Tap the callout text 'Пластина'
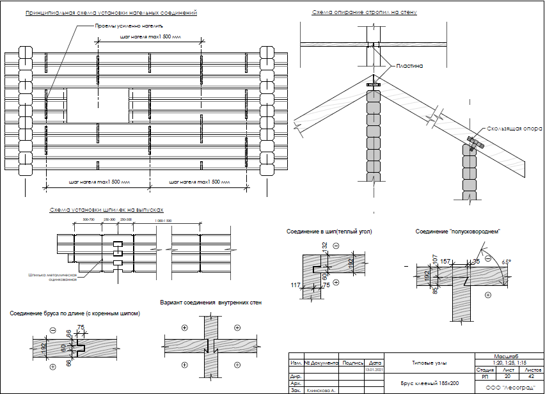pyautogui.click(x=409, y=65)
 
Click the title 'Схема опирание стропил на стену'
pyautogui.click(x=365, y=13)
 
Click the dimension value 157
pyautogui.click(x=446, y=261)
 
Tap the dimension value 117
pyautogui.click(x=295, y=285)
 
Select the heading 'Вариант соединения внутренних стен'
pyautogui.click(x=210, y=302)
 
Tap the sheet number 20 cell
pyautogui.click(x=507, y=376)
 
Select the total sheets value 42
pyautogui.click(x=531, y=376)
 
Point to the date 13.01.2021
pyautogui.click(x=374, y=370)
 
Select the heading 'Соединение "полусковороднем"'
pyautogui.click(x=457, y=231)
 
